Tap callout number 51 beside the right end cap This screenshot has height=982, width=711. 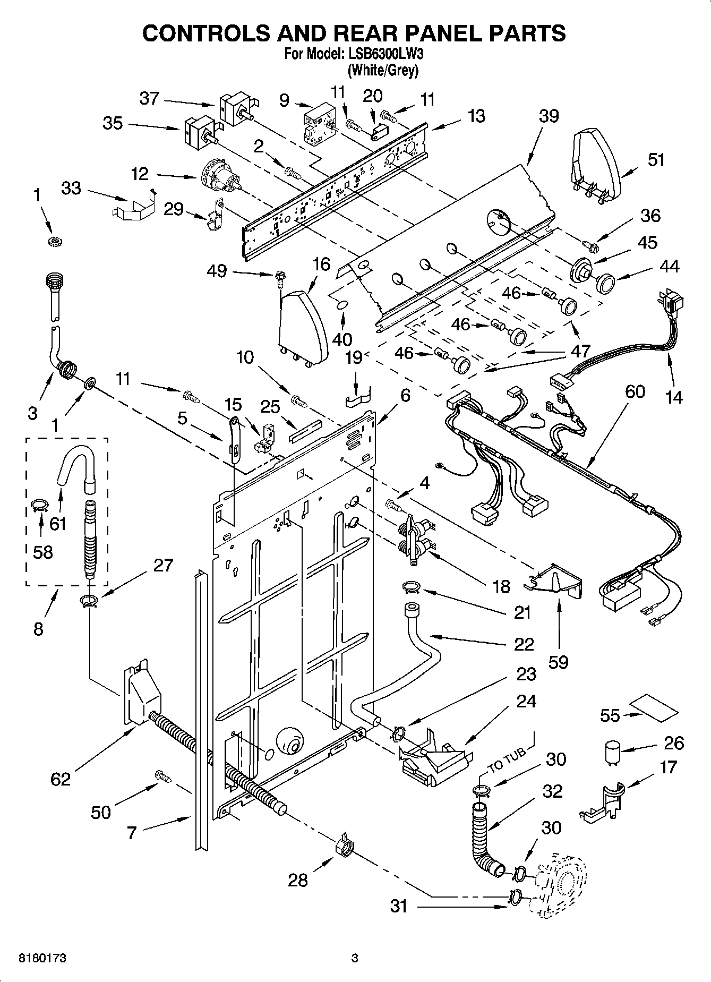[x=656, y=159]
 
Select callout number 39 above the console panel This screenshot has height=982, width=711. [x=549, y=116]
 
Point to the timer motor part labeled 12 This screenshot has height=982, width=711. [x=219, y=178]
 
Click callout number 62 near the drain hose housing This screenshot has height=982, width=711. [x=60, y=779]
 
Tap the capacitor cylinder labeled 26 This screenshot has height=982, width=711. [x=613, y=753]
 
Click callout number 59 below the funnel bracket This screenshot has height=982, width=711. [x=558, y=662]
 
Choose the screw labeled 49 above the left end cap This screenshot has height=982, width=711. [x=278, y=276]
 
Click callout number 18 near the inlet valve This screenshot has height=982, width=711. [x=501, y=586]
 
